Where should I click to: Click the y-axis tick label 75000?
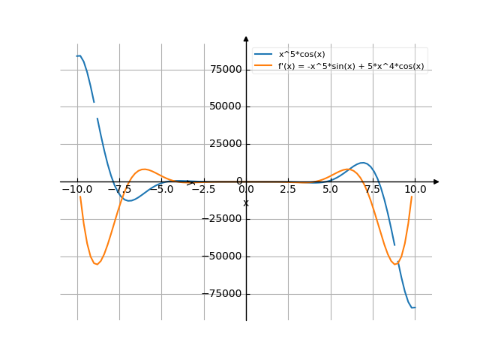click(x=226, y=70)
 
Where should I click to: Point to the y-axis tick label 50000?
click(x=226, y=106)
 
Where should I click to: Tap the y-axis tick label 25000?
click(x=226, y=144)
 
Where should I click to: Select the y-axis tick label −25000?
click(x=224, y=219)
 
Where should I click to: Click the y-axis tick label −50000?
click(x=224, y=256)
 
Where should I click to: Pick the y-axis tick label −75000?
click(x=224, y=294)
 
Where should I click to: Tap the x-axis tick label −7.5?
click(x=118, y=190)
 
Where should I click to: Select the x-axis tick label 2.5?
click(x=288, y=190)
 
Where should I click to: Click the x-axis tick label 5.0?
click(x=330, y=190)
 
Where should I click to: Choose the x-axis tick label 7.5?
click(x=373, y=190)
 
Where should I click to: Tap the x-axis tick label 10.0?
click(x=415, y=190)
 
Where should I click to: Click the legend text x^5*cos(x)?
click(x=302, y=54)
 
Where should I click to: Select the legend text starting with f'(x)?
click(x=351, y=66)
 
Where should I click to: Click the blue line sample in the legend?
click(x=263, y=54)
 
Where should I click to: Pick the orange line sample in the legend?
click(x=263, y=66)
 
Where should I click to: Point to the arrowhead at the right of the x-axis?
click(x=436, y=181)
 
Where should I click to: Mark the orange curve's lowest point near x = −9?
click(x=96, y=264)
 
